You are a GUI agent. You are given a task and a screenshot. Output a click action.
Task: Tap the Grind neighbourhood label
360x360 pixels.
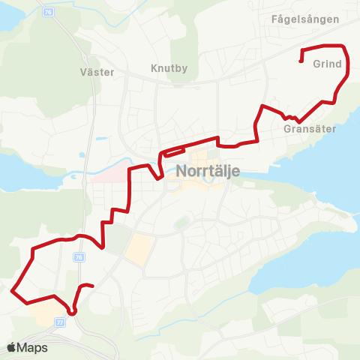click(x=328, y=64)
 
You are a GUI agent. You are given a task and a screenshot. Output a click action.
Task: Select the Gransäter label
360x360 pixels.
click(x=309, y=129)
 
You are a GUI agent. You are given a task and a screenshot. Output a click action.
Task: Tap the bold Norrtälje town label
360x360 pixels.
click(x=208, y=170)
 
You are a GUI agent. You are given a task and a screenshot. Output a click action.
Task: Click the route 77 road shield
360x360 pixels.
click(x=59, y=322)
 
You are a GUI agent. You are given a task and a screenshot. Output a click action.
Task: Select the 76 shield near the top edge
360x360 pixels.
click(x=49, y=12)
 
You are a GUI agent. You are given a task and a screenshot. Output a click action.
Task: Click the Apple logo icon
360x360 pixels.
click(x=11, y=348)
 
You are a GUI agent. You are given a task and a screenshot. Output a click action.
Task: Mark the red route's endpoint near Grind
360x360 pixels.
click(x=301, y=61)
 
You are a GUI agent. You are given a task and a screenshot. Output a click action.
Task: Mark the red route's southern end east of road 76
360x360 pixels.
click(x=91, y=286)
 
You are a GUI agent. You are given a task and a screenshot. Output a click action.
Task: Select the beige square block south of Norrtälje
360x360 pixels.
click(x=137, y=250)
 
